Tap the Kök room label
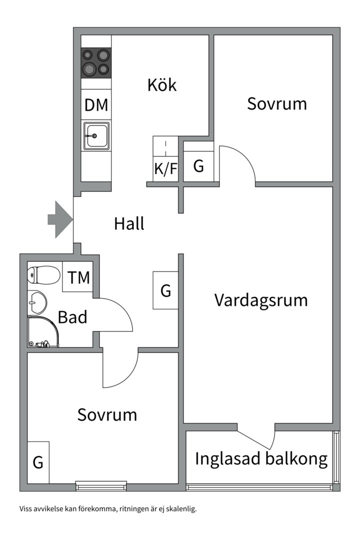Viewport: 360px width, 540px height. coord(162,85)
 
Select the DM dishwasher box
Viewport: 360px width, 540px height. coord(96,105)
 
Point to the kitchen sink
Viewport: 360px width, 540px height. coord(96,135)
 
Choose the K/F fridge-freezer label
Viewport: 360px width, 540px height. coord(165,168)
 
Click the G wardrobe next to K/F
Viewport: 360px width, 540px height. coord(198,166)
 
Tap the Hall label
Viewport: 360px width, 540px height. coord(129,223)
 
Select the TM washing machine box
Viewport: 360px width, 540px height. coord(78,277)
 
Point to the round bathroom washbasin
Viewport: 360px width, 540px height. coord(37,301)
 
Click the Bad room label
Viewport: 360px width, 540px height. coord(72,317)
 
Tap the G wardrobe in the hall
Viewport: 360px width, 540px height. coord(165,290)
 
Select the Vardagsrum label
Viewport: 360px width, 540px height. coord(261,300)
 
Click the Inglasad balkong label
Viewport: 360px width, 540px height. coord(261,458)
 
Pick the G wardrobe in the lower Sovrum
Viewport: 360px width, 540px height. coord(38,462)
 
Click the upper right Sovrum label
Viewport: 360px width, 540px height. coord(277,104)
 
